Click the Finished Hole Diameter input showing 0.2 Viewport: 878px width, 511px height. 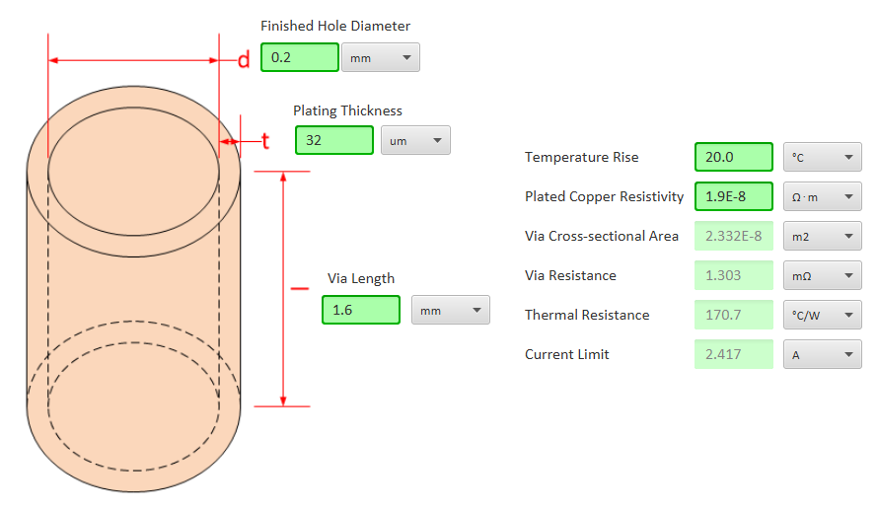(x=300, y=57)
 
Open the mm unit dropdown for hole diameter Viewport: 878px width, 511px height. (x=380, y=57)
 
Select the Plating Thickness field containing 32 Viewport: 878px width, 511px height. (x=334, y=140)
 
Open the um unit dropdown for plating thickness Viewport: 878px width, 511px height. (x=415, y=140)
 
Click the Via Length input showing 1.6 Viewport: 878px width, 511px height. (x=361, y=310)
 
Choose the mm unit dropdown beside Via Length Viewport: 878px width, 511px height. (x=450, y=310)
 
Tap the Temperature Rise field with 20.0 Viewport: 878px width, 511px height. (x=733, y=157)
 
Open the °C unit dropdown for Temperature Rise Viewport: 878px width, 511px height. (x=822, y=157)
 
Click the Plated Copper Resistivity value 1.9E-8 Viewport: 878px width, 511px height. (x=733, y=196)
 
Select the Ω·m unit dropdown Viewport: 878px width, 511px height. (x=822, y=196)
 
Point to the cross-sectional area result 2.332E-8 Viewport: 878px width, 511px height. (x=733, y=236)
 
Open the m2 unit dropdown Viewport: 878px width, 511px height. (x=822, y=236)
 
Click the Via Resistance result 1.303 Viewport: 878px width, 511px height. (x=733, y=275)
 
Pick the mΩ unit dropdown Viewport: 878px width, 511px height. (x=822, y=275)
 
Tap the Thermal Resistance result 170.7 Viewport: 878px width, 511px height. (x=733, y=315)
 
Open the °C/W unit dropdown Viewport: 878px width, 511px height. (x=822, y=315)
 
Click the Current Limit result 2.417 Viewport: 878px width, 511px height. (x=733, y=354)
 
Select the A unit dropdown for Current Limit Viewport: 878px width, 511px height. (x=822, y=354)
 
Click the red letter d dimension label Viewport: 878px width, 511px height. (x=244, y=60)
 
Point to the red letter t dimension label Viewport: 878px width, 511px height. (x=264, y=141)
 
